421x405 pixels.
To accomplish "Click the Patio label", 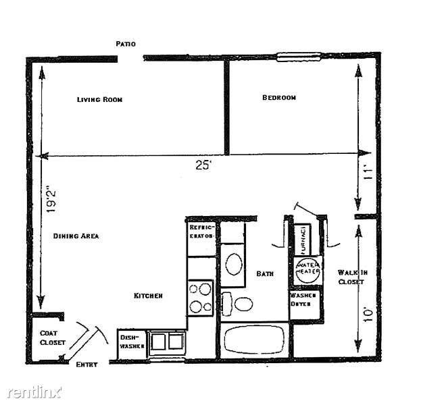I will click(126, 44).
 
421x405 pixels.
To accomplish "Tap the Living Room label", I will click(99, 99).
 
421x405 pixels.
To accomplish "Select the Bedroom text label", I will click(279, 98).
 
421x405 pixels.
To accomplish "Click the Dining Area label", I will click(76, 236).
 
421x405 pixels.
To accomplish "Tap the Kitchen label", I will click(148, 296).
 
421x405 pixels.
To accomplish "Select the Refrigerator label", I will click(201, 232).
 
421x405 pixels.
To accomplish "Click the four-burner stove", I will click(200, 298).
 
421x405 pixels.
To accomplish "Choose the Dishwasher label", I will click(130, 342).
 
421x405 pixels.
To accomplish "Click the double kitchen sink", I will click(167, 342).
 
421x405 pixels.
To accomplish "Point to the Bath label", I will click(265, 274).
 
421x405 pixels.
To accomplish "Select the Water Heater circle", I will click(308, 270).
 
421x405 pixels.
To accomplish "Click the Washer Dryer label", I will click(301, 299).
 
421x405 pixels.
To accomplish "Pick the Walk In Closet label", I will click(352, 277).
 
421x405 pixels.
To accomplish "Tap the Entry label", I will click(86, 364).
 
